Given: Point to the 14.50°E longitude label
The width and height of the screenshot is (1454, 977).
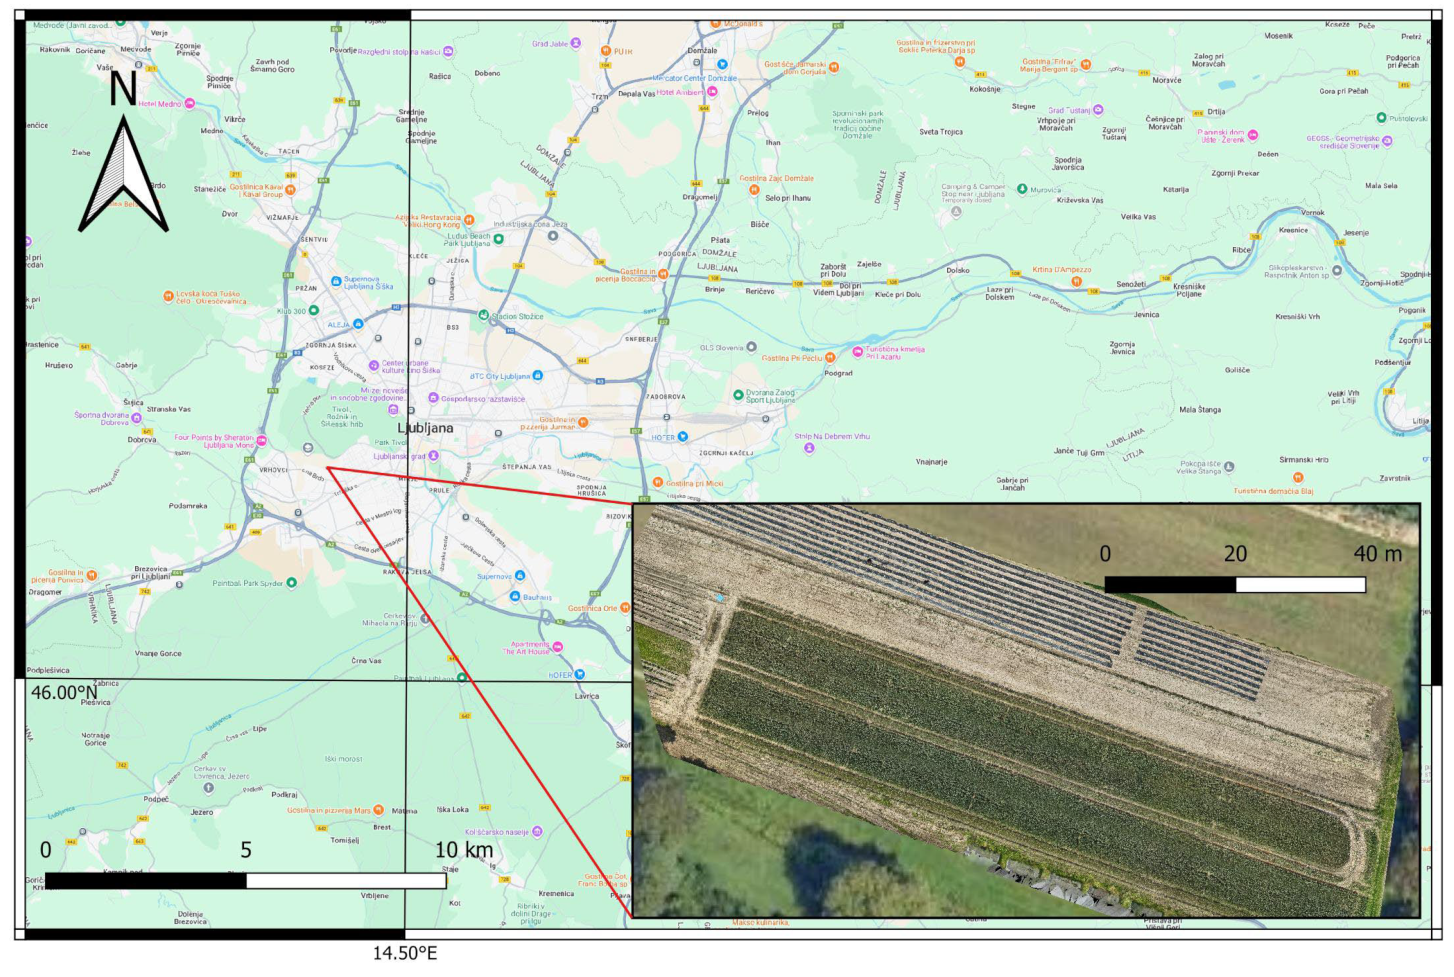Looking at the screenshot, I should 405,953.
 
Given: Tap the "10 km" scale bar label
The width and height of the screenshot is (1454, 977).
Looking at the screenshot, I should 463,849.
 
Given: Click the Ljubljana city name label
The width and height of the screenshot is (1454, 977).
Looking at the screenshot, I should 425,428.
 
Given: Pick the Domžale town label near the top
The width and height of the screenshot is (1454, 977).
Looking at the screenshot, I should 702,50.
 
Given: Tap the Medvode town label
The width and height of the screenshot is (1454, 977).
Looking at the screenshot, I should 136,49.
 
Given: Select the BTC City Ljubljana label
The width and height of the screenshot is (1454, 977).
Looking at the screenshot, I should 500,377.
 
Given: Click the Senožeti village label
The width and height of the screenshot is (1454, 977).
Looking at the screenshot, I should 1130,284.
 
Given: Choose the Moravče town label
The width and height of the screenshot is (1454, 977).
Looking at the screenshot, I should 1166,80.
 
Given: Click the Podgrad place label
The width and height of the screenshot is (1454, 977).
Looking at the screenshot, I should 838,373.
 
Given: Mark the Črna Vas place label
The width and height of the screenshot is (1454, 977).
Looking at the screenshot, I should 366,660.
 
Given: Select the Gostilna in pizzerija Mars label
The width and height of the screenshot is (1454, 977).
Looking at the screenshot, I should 328,811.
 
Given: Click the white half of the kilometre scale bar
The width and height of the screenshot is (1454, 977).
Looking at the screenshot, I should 346,880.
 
